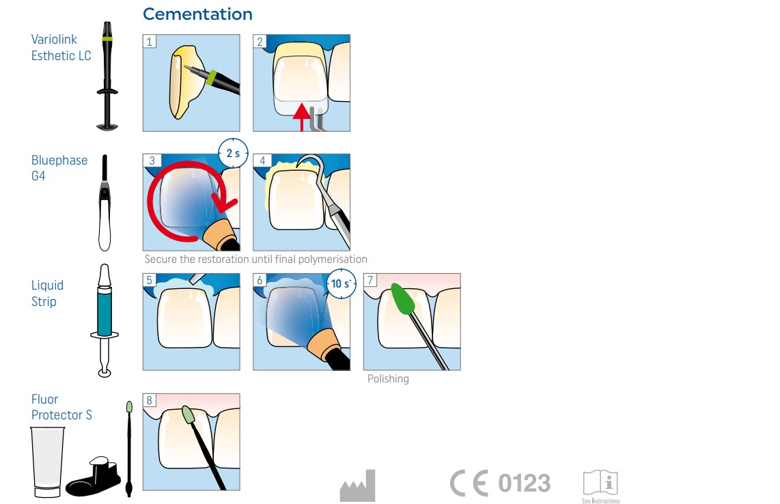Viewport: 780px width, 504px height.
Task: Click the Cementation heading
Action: click(x=197, y=14)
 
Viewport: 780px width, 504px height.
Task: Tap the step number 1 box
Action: click(x=149, y=41)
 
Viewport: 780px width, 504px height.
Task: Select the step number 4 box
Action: click(x=262, y=160)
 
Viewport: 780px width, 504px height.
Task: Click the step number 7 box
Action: click(x=370, y=280)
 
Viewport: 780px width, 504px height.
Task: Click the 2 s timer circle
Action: click(x=233, y=153)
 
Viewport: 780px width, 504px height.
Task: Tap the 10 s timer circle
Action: click(x=342, y=283)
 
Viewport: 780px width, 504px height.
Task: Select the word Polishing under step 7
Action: click(x=388, y=378)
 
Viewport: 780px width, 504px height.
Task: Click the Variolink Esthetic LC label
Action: click(x=61, y=47)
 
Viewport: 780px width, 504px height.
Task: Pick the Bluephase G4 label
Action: click(x=59, y=168)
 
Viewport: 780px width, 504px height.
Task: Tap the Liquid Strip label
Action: click(x=47, y=293)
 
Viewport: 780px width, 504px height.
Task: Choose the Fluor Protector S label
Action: click(x=61, y=407)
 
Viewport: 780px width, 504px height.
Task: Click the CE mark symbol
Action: click(x=469, y=483)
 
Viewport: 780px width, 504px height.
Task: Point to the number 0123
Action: click(x=525, y=483)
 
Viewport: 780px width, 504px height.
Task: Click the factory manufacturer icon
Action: click(x=358, y=486)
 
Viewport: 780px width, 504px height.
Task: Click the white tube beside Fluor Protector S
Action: click(x=47, y=462)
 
